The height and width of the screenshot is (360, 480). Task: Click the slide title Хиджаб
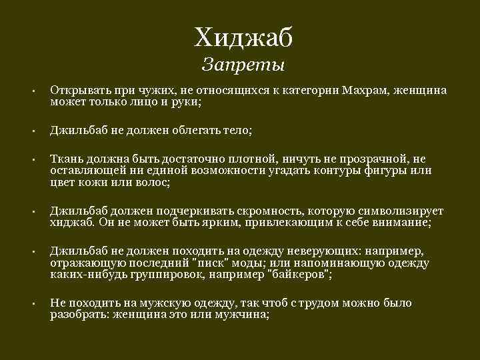(x=243, y=38)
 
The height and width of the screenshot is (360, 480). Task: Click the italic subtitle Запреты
(x=243, y=65)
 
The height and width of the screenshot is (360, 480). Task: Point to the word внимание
(x=401, y=222)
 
